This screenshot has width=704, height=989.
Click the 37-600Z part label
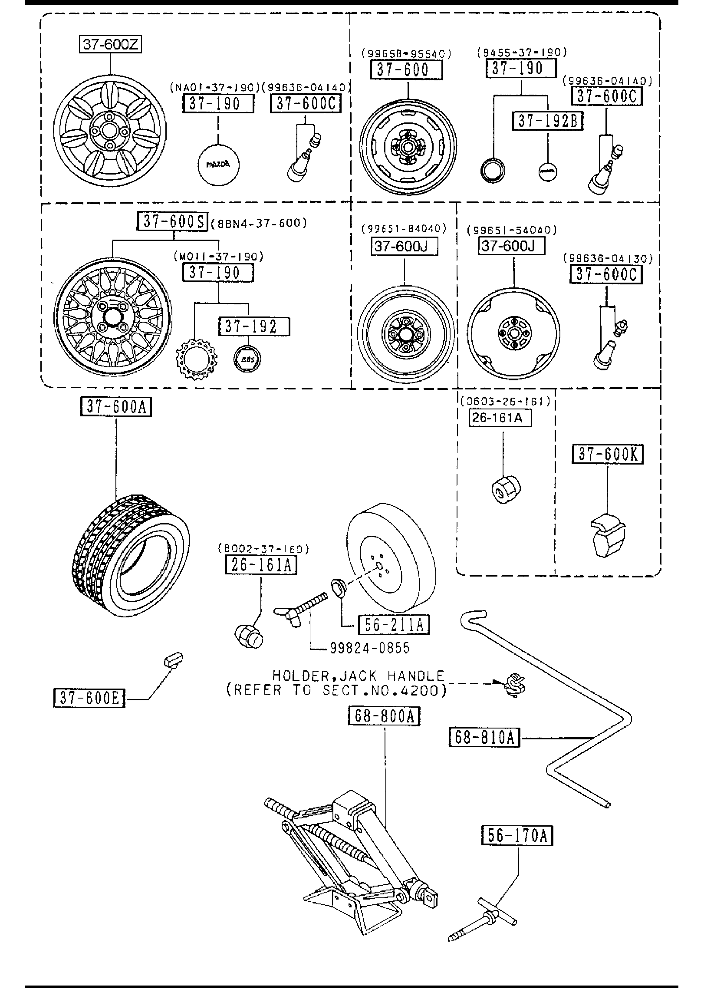tap(110, 44)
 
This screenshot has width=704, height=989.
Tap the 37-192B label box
tap(548, 121)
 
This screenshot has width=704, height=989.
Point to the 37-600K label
tap(607, 454)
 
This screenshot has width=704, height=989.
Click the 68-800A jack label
tap(384, 717)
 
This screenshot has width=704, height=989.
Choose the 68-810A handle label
tap(484, 737)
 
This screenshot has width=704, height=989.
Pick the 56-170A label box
tap(517, 835)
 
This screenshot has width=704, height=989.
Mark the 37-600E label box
tap(89, 698)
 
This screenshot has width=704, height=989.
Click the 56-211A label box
tap(393, 624)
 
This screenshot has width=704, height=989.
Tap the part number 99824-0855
tap(369, 648)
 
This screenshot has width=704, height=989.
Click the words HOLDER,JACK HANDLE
tap(359, 676)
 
